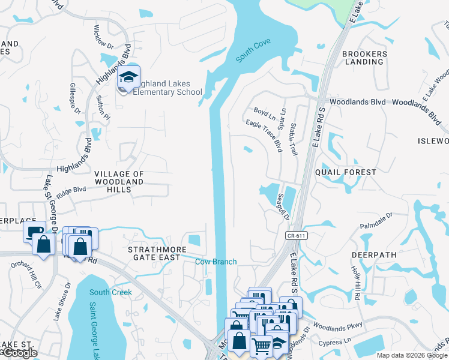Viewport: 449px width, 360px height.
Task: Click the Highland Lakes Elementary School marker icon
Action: (128, 77)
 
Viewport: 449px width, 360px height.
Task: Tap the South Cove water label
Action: (253, 50)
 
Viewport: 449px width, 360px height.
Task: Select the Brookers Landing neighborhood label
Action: (364, 58)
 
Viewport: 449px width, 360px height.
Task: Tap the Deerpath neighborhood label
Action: (374, 254)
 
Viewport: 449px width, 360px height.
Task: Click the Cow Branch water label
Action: (216, 262)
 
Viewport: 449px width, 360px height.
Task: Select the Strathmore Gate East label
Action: (153, 253)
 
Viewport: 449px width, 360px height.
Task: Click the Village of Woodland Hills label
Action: (119, 181)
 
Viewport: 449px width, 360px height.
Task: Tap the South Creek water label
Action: (110, 292)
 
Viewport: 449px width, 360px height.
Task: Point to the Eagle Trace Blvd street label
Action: (264, 136)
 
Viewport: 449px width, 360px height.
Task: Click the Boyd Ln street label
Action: (264, 112)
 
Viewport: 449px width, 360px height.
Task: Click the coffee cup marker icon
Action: (34, 230)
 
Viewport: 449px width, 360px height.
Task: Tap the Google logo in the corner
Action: (19, 353)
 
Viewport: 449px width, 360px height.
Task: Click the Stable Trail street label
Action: (294, 139)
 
